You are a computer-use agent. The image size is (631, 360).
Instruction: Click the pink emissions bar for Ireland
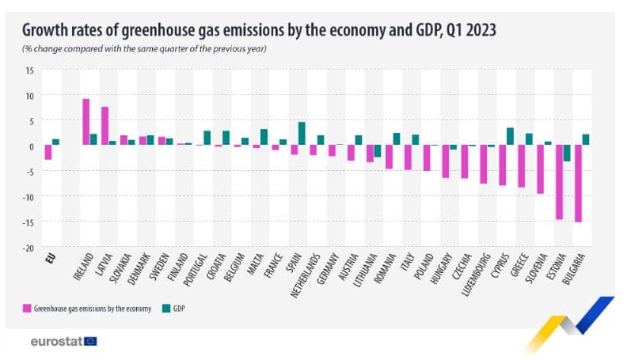point(86,122)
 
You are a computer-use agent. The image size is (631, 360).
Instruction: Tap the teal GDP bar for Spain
point(302,134)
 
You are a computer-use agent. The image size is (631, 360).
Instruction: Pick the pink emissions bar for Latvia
point(105,126)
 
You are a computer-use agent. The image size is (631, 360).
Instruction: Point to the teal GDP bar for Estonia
point(567,153)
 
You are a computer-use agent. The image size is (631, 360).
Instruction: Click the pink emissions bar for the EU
point(48,153)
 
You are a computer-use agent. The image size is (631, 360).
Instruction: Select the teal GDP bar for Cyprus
point(510,137)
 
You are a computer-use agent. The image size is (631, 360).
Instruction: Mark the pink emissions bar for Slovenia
point(540,169)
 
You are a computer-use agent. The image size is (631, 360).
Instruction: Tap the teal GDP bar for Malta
point(264,138)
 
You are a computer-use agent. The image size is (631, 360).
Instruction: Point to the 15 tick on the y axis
point(29,70)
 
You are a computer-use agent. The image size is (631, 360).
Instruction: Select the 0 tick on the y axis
point(32,146)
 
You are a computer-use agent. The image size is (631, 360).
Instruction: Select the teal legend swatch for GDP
point(167,306)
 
